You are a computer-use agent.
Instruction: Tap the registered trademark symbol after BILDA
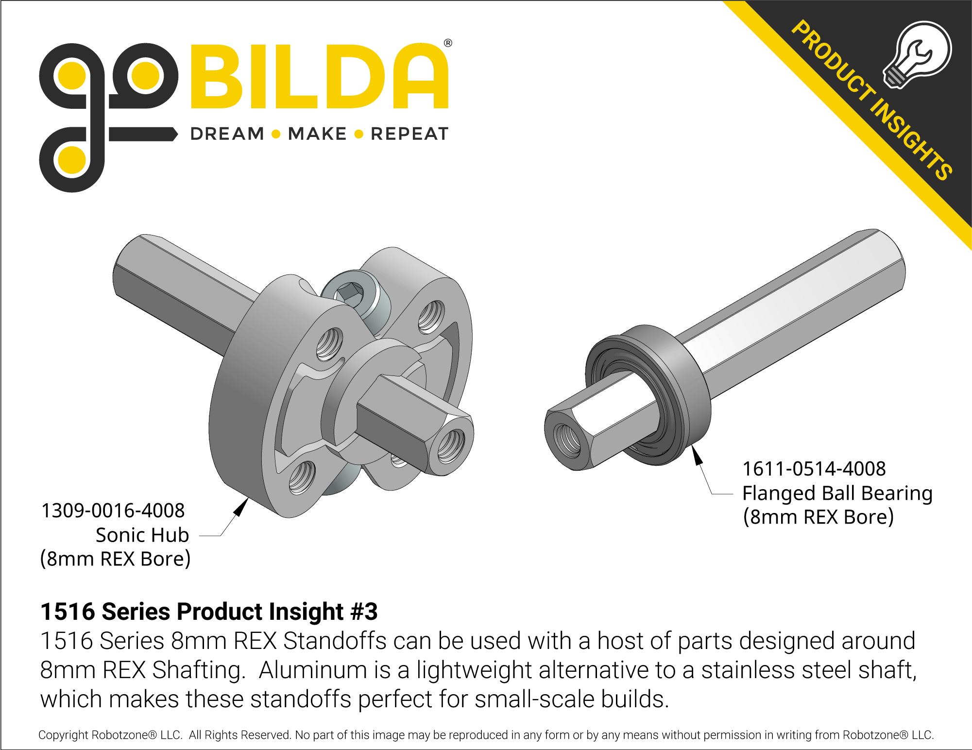448,43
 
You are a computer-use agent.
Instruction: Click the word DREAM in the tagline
227,134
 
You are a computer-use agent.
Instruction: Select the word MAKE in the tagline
317,134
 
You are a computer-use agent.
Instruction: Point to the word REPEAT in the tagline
409,134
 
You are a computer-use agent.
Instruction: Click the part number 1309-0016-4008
113,511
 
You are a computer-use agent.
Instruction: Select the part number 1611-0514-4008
814,469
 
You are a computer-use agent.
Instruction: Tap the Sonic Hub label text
142,535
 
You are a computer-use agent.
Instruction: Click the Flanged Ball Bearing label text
837,493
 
